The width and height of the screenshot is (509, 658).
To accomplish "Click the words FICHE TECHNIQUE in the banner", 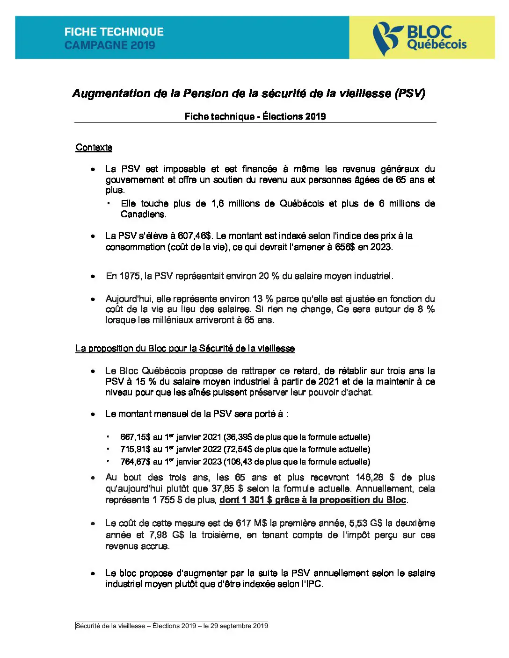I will pos(114,32).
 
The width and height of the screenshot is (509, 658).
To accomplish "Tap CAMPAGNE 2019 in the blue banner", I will pos(109,45).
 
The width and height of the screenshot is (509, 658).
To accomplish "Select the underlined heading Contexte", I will pos(94,148).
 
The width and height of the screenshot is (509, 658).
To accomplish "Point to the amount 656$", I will pos(345,247).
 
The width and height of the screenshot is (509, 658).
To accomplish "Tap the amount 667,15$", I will pos(135,437).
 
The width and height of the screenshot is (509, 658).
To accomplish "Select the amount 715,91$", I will pos(135,450).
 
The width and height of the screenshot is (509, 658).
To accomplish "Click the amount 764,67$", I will pos(135,462).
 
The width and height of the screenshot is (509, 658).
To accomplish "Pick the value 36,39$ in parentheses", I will pos(238,437).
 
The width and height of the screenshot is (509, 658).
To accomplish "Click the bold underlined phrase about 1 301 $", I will pos(313,500).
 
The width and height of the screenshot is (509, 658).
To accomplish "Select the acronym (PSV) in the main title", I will pos(410,93).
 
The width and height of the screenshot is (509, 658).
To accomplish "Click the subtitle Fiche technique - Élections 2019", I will pos(255,116).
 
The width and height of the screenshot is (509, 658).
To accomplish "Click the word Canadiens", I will pos(143,215).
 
